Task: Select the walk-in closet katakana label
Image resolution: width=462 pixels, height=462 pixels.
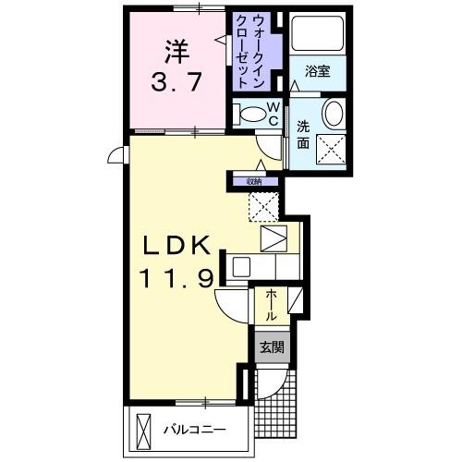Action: click(252, 51)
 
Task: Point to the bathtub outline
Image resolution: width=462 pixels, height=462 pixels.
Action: click(317, 36)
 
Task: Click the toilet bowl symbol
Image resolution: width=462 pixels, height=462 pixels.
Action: click(250, 115)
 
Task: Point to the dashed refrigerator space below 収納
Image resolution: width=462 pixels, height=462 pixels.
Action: click(263, 206)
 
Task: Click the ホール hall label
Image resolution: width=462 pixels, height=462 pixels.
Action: click(271, 305)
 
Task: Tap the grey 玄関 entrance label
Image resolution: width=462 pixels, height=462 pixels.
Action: click(270, 347)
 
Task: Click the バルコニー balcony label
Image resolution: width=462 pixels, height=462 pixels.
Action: click(195, 430)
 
